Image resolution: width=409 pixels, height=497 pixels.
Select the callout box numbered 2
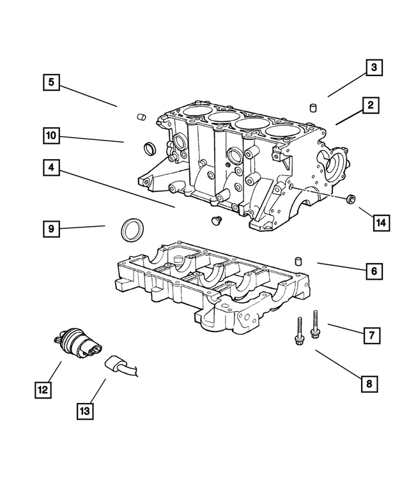click(369, 105)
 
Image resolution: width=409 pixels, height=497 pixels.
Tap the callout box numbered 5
click(52, 82)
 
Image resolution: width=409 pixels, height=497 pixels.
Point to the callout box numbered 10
click(52, 135)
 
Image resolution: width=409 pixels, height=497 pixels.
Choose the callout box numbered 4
click(52, 169)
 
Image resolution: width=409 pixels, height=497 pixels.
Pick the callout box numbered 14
click(381, 222)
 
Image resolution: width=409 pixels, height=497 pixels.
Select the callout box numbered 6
click(374, 271)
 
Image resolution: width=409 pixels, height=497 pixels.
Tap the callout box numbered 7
click(372, 333)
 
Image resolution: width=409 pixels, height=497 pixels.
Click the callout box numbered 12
click(43, 388)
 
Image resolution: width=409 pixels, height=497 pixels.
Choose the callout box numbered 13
click(85, 411)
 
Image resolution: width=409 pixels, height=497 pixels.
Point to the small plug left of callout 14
click(350, 200)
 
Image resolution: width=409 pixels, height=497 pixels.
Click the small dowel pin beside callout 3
click(314, 107)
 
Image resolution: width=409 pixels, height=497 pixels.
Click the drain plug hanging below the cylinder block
click(215, 221)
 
